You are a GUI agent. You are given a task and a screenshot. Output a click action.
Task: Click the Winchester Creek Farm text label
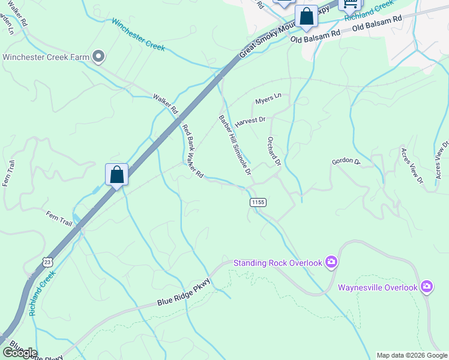(x=46, y=58)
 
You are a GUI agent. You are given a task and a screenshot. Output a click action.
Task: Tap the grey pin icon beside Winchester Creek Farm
(x=100, y=57)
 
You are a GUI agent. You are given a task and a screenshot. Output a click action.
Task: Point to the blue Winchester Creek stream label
(x=138, y=34)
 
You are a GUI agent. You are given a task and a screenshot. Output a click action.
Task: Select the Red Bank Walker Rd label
(x=193, y=151)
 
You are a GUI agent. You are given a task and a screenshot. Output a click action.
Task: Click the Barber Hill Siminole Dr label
(x=235, y=145)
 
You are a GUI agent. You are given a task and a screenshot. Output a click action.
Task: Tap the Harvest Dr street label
(x=250, y=121)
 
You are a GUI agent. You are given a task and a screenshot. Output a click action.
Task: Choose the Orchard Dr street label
(x=274, y=151)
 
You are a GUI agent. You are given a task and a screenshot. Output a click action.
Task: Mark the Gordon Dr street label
(x=345, y=162)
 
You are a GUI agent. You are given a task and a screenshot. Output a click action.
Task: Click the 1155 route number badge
(x=258, y=203)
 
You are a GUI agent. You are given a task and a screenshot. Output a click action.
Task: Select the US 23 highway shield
(x=47, y=262)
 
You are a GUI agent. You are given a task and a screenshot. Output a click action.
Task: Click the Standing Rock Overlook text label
(x=278, y=262)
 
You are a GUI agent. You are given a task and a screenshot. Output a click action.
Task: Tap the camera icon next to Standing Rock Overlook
(x=331, y=262)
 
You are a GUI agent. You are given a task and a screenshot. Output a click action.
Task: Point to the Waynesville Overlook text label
(x=378, y=287)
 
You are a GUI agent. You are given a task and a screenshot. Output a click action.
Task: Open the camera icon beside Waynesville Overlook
(x=427, y=286)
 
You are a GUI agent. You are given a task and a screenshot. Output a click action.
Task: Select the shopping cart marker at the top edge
(x=349, y=5)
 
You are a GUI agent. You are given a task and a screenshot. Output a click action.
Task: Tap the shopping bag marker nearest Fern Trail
(x=116, y=175)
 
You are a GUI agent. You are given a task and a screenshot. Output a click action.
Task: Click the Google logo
(x=20, y=353)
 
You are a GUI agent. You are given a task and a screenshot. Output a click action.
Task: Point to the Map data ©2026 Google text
(x=412, y=355)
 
